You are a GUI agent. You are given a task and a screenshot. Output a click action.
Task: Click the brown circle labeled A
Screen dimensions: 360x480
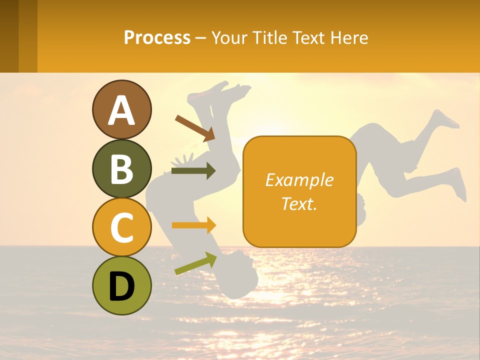pyautogui.click(x=121, y=109)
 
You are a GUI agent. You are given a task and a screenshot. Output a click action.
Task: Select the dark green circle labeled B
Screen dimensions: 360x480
pyautogui.click(x=121, y=168)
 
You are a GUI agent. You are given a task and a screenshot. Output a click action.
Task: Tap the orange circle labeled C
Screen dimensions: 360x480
pyautogui.click(x=121, y=227)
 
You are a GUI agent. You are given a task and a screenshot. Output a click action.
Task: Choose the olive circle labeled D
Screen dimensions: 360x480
pyautogui.click(x=121, y=285)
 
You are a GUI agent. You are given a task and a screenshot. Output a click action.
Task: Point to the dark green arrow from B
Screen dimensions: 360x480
pyautogui.click(x=193, y=171)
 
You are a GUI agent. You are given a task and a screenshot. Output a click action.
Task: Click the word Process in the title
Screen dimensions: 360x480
pyautogui.click(x=157, y=37)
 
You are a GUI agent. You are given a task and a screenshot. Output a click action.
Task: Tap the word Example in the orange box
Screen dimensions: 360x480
pyautogui.click(x=299, y=180)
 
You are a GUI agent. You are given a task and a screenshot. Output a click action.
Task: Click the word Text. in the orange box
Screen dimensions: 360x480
pyautogui.click(x=299, y=203)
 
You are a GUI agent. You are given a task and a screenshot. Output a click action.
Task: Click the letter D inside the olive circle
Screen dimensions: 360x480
pyautogui.click(x=121, y=286)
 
